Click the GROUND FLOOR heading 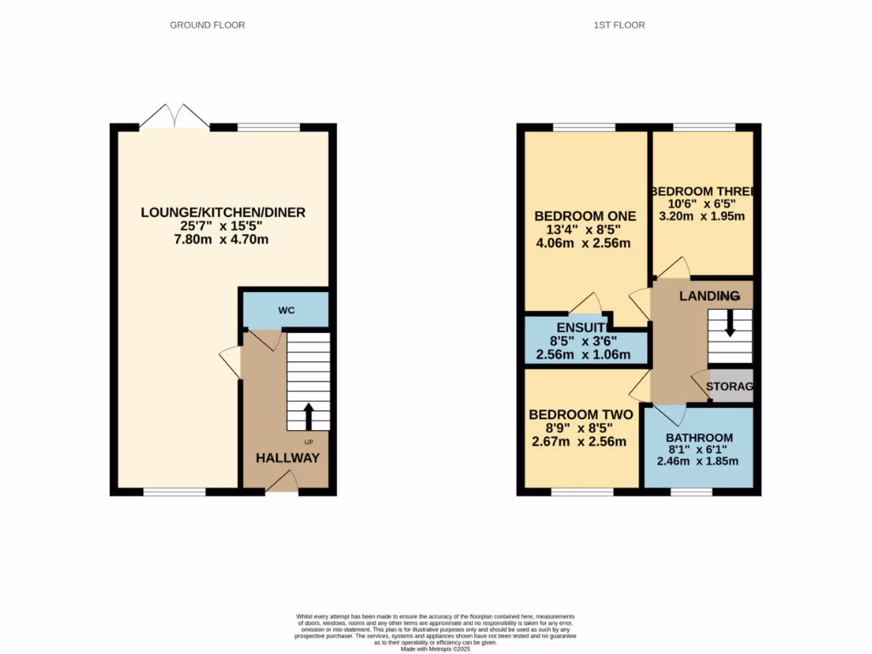pyautogui.click(x=207, y=26)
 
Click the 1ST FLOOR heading pyautogui.click(x=619, y=26)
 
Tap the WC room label pyautogui.click(x=286, y=311)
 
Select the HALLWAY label pyautogui.click(x=288, y=458)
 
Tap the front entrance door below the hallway pyautogui.click(x=281, y=485)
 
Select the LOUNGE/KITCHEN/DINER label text pyautogui.click(x=223, y=212)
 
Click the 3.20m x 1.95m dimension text pyautogui.click(x=703, y=216)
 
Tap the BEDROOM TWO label pyautogui.click(x=581, y=415)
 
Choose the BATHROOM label pyautogui.click(x=699, y=438)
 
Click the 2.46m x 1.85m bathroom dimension pyautogui.click(x=697, y=462)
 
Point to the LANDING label pyautogui.click(x=708, y=295)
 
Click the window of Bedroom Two pyautogui.click(x=582, y=491)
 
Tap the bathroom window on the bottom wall pyautogui.click(x=691, y=491)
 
